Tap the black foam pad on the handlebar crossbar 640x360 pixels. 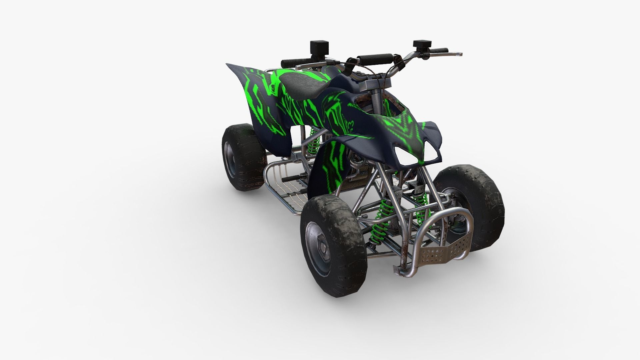click(x=375, y=59)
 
